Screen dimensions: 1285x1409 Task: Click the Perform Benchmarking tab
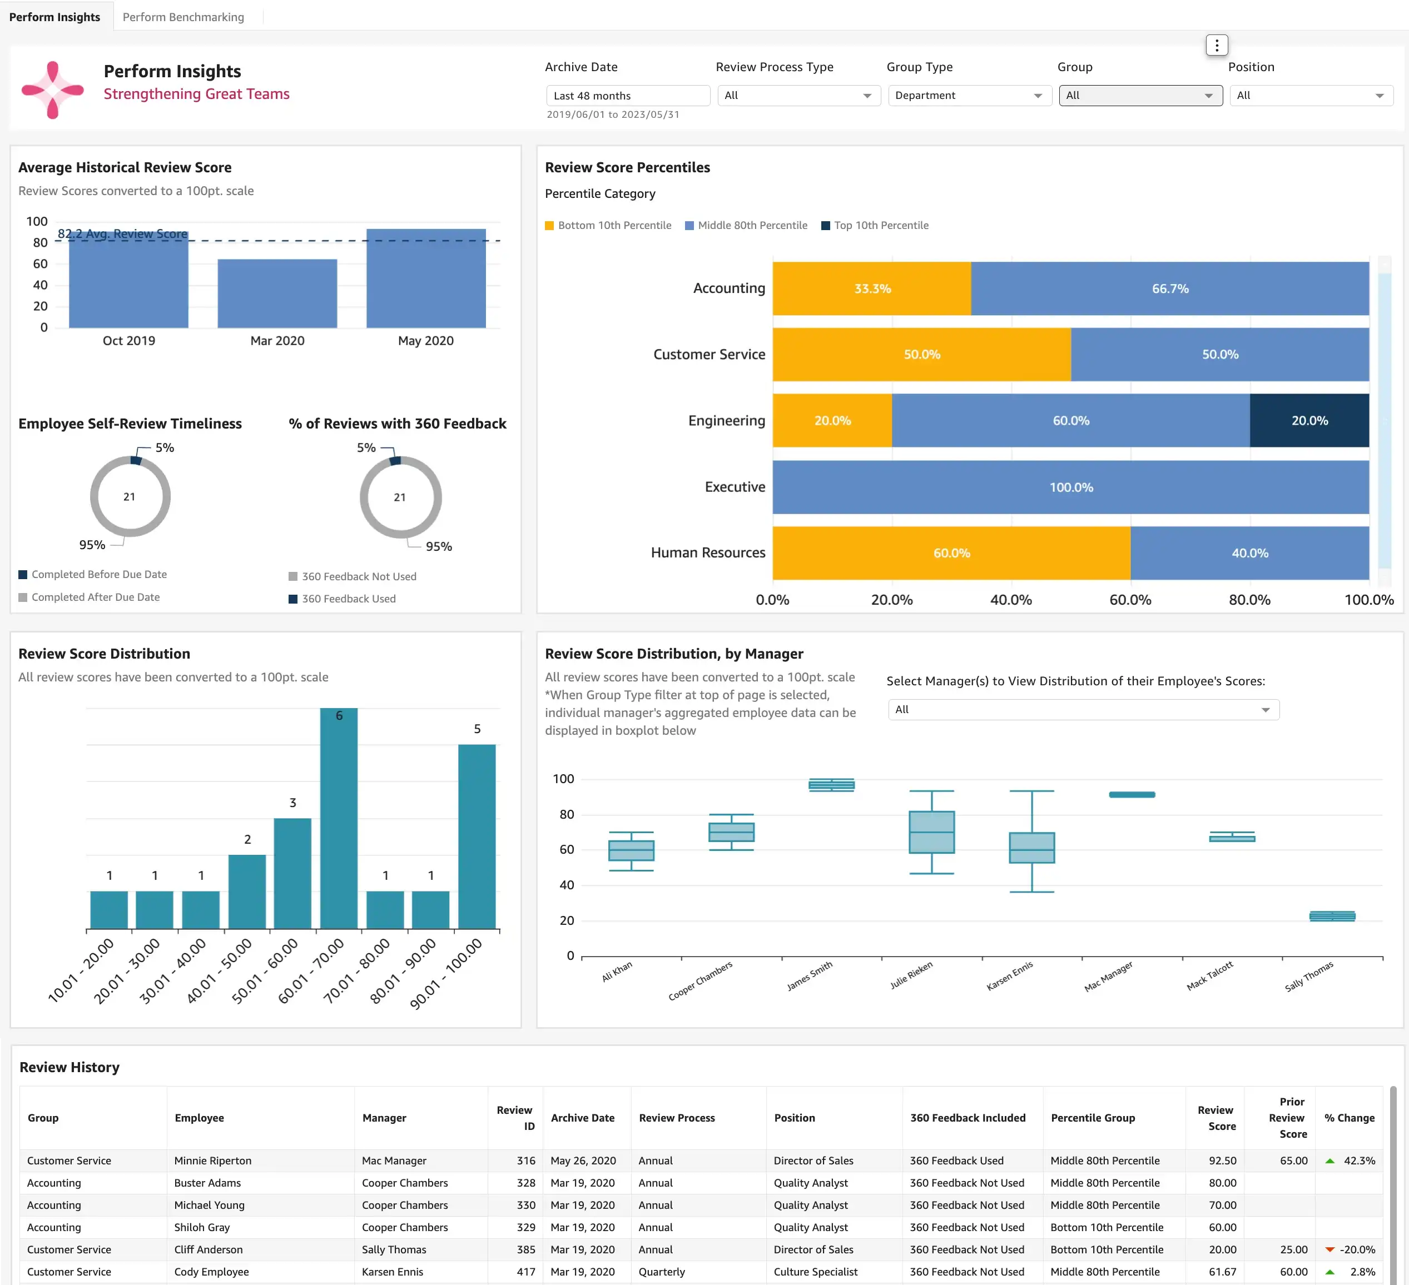point(183,17)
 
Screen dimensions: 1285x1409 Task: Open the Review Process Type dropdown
point(798,96)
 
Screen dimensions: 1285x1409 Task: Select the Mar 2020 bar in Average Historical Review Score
point(277,293)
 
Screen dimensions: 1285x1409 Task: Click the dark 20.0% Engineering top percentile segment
point(1308,421)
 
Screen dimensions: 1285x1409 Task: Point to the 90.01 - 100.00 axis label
point(446,973)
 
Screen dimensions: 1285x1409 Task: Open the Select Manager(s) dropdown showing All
point(1083,710)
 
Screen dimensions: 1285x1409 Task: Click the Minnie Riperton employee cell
point(212,1161)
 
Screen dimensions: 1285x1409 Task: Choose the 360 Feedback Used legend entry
point(348,599)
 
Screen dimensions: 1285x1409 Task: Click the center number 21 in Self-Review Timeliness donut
point(130,497)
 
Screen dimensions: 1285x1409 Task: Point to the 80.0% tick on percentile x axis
point(1249,600)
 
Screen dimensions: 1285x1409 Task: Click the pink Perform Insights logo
point(52,89)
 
